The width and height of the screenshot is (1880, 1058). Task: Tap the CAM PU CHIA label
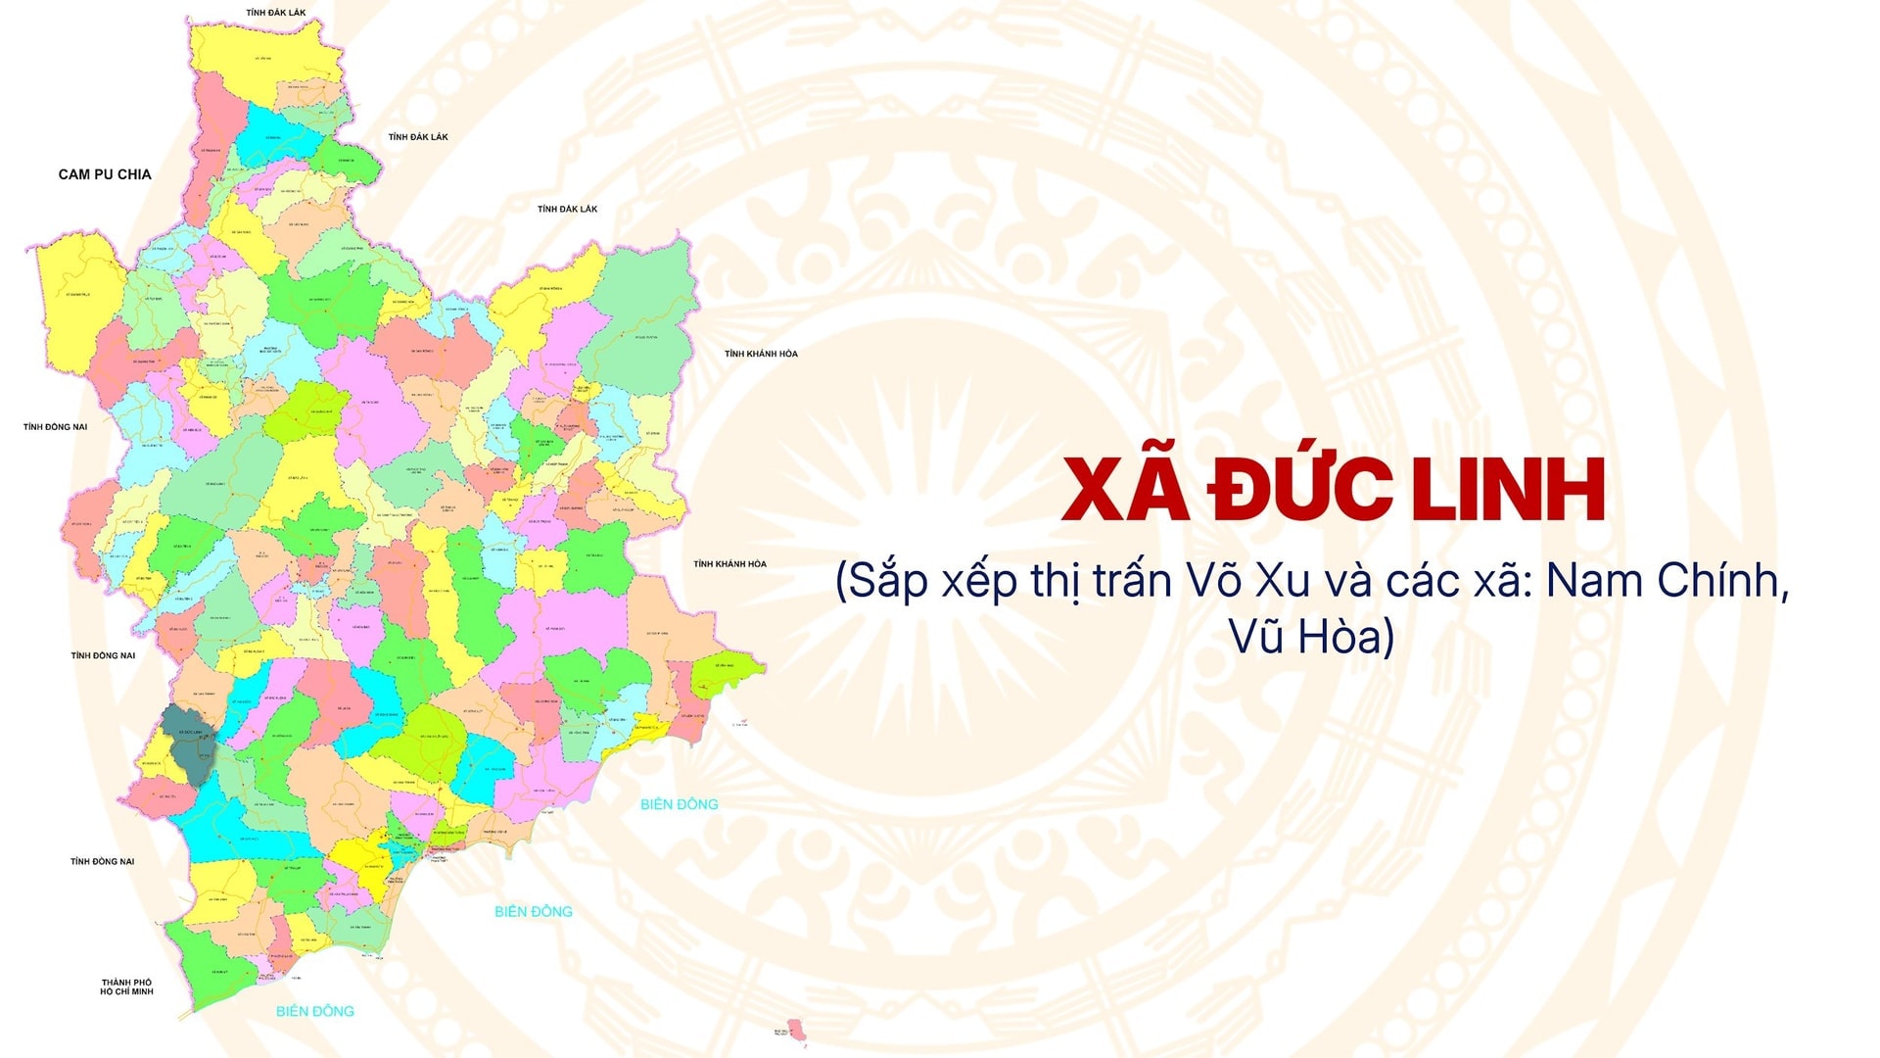click(x=105, y=174)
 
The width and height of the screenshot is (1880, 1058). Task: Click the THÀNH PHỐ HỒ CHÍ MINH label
click(x=126, y=986)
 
